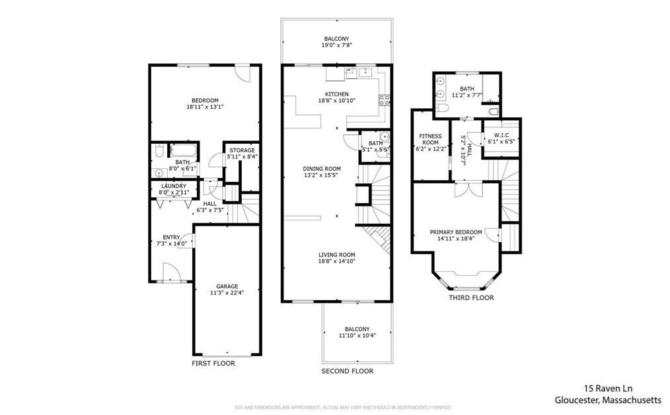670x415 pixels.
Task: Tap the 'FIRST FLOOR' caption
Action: [x=213, y=364]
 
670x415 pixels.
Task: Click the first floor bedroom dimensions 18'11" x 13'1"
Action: [x=205, y=107]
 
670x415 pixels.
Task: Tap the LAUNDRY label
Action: [x=173, y=186]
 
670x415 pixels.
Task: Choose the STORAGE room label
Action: [x=242, y=150]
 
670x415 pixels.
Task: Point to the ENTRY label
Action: [x=171, y=238]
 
